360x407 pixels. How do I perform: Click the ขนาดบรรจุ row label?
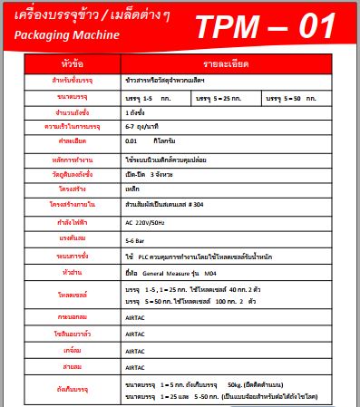tap(71, 97)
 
